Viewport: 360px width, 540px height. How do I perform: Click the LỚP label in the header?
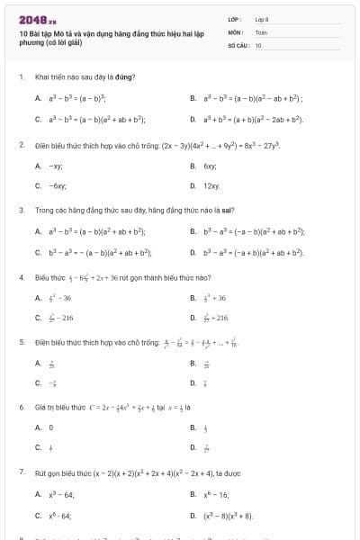pos(233,18)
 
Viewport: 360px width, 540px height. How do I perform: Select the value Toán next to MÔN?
pos(261,31)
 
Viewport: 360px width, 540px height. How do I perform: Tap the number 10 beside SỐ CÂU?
pos(258,44)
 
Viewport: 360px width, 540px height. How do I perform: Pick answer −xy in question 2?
pos(55,166)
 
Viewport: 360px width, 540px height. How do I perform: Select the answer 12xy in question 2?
pos(211,185)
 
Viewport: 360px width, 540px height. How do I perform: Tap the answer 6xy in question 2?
pos(210,166)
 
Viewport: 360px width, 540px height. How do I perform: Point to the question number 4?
pos(21,277)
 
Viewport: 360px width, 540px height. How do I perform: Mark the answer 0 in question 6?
pos(51,427)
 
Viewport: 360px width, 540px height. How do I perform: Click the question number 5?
pos(21,342)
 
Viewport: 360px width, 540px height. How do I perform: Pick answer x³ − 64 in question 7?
pos(61,493)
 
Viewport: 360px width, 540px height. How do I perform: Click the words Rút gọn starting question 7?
pos(46,472)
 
